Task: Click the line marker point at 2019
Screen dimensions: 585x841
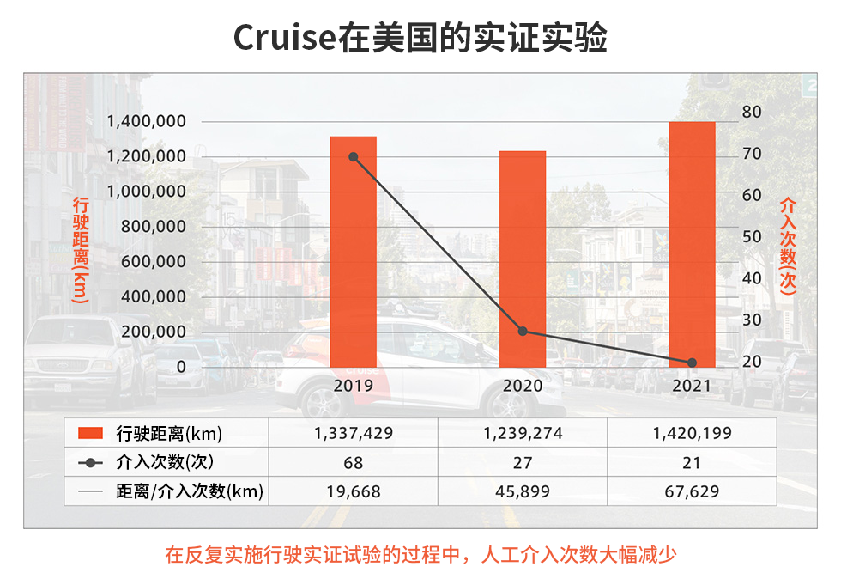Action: tap(353, 157)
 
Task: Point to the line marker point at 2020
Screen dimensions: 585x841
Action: tap(523, 331)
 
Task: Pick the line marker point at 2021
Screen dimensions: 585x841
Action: tap(692, 363)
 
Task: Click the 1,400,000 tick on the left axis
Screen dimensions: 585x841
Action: tap(145, 121)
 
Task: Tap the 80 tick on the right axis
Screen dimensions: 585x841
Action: tap(752, 112)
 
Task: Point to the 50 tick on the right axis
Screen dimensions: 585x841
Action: tap(752, 236)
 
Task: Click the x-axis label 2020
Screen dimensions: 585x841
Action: tap(523, 386)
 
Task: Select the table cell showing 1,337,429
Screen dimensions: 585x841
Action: tap(353, 433)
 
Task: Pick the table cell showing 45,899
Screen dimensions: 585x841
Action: tap(523, 492)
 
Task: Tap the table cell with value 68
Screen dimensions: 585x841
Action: tap(353, 463)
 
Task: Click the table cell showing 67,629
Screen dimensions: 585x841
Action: tap(692, 492)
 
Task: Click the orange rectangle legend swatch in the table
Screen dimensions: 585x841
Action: tap(90, 433)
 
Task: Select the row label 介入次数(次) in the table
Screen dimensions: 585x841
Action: tap(163, 463)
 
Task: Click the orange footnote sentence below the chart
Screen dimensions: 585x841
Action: tap(420, 554)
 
